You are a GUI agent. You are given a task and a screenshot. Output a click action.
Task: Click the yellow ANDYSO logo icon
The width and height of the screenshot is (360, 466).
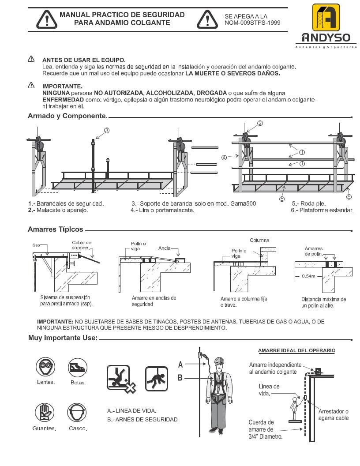tap(326, 18)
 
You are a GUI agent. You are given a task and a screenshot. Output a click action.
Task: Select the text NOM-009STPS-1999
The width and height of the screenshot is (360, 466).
tap(252, 23)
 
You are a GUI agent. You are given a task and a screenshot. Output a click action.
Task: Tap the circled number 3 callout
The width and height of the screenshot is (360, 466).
tap(106, 130)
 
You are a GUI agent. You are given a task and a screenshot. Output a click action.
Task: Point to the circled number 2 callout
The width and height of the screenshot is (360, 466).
tap(260, 124)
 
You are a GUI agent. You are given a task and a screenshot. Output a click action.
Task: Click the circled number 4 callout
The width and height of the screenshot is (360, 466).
tap(225, 157)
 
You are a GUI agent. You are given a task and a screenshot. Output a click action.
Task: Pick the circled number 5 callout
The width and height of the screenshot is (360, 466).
tap(282, 199)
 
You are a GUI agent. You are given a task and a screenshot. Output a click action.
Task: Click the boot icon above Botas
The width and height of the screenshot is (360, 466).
tap(77, 367)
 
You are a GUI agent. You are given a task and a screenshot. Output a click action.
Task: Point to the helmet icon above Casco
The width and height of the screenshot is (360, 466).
tap(77, 413)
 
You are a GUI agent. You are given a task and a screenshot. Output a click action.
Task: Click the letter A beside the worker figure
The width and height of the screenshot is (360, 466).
tap(180, 365)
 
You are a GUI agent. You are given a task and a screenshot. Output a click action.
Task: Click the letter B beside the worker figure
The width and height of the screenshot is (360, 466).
tap(180, 377)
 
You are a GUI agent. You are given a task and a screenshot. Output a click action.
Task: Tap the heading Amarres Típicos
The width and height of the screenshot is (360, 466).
tap(55, 229)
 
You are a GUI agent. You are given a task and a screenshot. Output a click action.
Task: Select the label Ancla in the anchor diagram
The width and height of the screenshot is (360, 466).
tap(164, 248)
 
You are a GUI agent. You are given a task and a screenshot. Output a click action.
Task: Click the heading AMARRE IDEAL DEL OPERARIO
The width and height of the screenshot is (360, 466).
tap(296, 350)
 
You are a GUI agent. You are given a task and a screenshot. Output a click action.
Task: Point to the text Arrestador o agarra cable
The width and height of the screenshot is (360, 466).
tap(333, 414)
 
